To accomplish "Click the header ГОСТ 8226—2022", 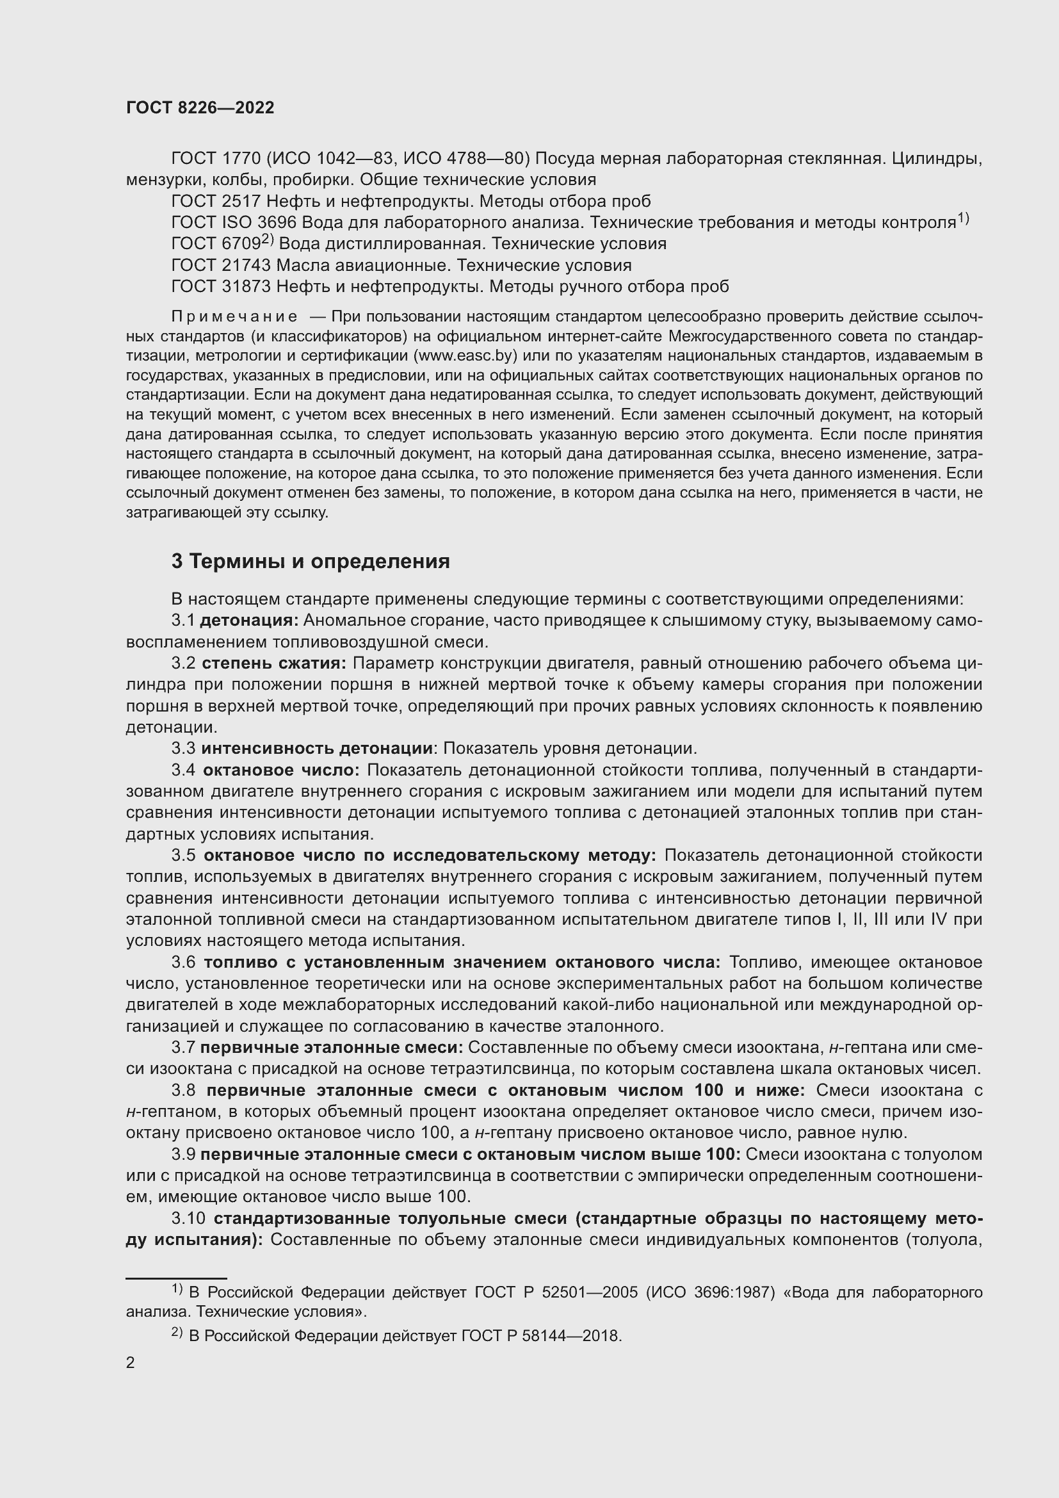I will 200,108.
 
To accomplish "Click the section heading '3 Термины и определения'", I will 311,561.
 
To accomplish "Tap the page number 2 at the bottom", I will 131,1363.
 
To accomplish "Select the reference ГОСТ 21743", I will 221,265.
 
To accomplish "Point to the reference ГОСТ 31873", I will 221,286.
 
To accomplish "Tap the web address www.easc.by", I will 465,356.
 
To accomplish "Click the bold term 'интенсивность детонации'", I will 317,748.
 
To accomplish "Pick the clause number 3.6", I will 184,963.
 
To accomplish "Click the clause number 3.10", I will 188,1218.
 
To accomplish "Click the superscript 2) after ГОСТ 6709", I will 267,240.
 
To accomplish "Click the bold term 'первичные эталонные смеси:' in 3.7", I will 331,1047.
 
